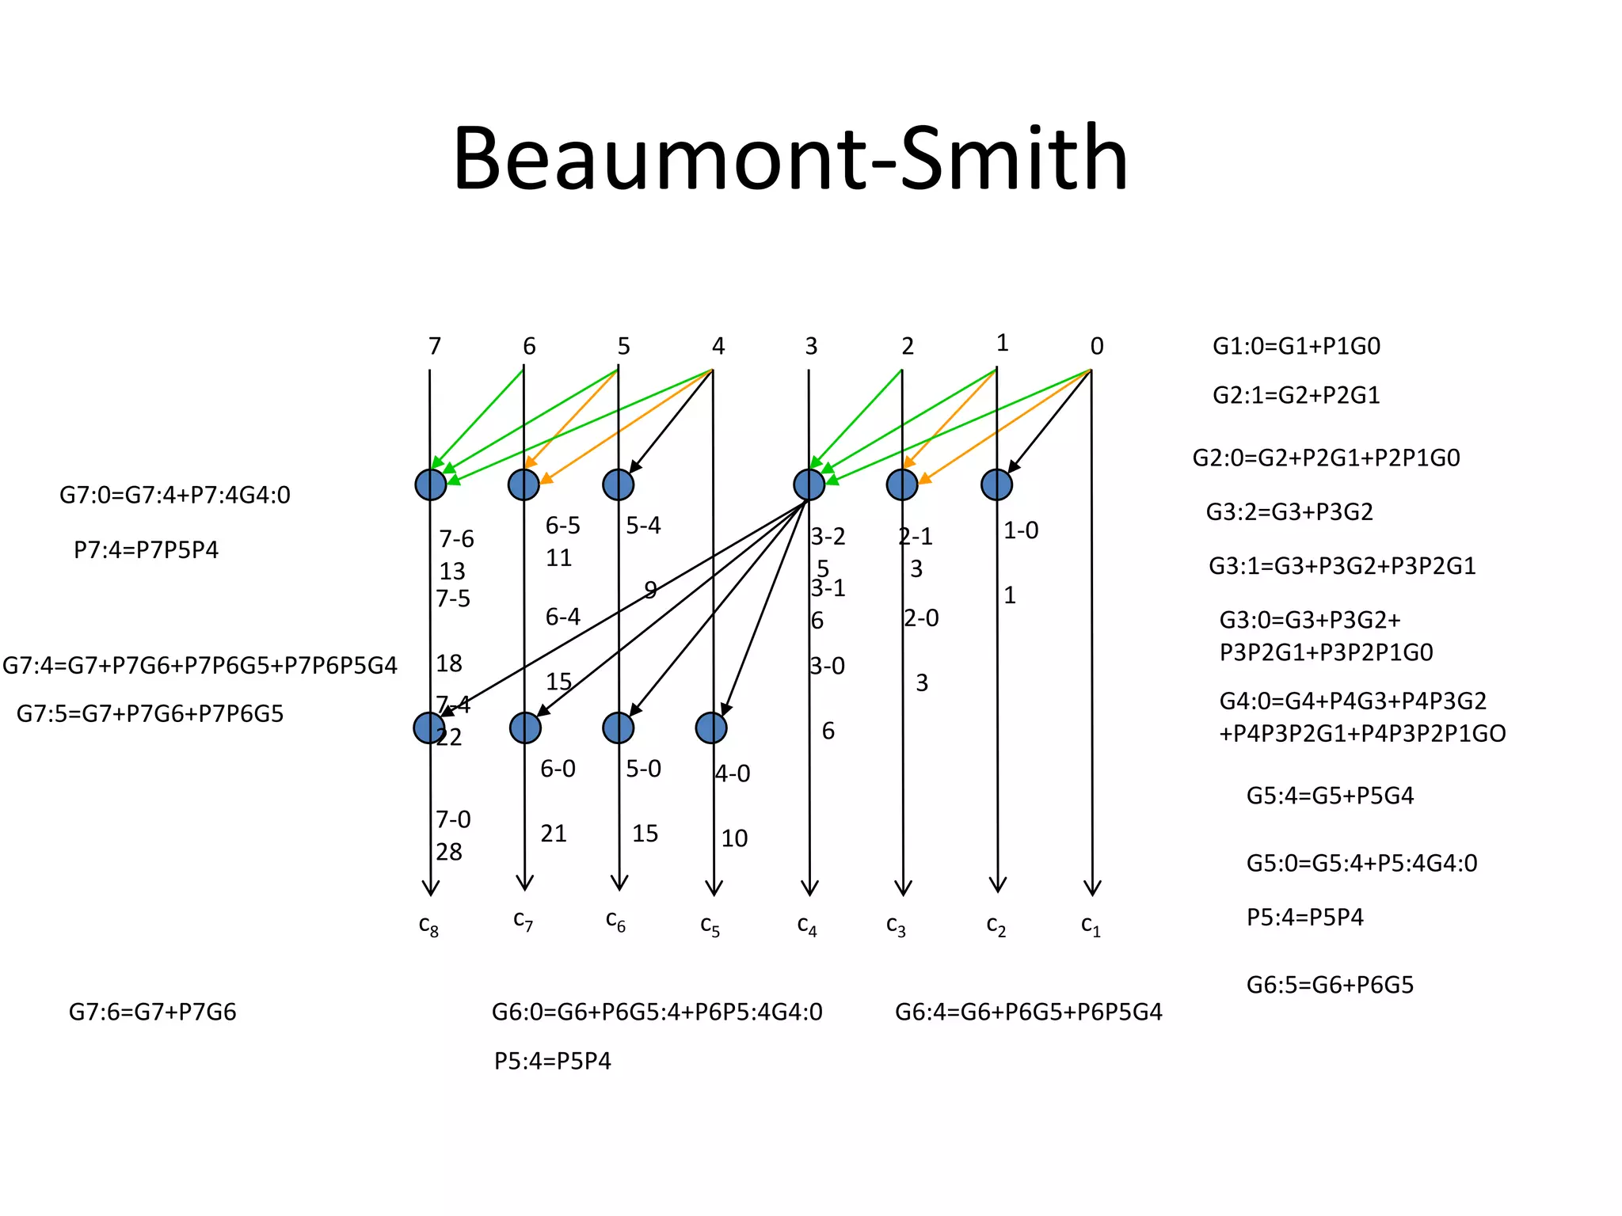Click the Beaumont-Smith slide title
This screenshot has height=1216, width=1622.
pyautogui.click(x=790, y=158)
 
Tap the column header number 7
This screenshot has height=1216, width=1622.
pyautogui.click(x=434, y=346)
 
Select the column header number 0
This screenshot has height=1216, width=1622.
pyautogui.click(x=1096, y=346)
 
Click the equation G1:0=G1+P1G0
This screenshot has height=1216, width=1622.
pyautogui.click(x=1296, y=346)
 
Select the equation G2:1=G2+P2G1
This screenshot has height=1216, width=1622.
pyautogui.click(x=1296, y=394)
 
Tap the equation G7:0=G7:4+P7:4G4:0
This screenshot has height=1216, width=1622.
pyautogui.click(x=175, y=495)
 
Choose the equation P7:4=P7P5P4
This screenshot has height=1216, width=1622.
pyautogui.click(x=146, y=549)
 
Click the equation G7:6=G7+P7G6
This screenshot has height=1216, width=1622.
pyautogui.click(x=153, y=1012)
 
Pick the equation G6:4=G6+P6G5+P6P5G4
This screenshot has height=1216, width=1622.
pyautogui.click(x=1029, y=1012)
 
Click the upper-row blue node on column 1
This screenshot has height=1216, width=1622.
pyautogui.click(x=996, y=484)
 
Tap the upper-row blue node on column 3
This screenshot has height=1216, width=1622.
pyautogui.click(x=809, y=484)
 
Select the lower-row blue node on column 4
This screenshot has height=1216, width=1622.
pyautogui.click(x=711, y=728)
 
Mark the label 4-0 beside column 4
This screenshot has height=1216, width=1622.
pyautogui.click(x=733, y=773)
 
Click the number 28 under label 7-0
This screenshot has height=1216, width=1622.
pyautogui.click(x=449, y=852)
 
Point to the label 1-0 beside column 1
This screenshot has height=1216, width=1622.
pyautogui.click(x=1021, y=530)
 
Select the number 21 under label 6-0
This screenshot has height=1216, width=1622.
pyautogui.click(x=554, y=834)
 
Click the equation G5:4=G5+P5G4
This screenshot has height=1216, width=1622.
pyautogui.click(x=1330, y=795)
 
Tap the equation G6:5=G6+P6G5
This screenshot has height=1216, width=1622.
pyautogui.click(x=1330, y=985)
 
